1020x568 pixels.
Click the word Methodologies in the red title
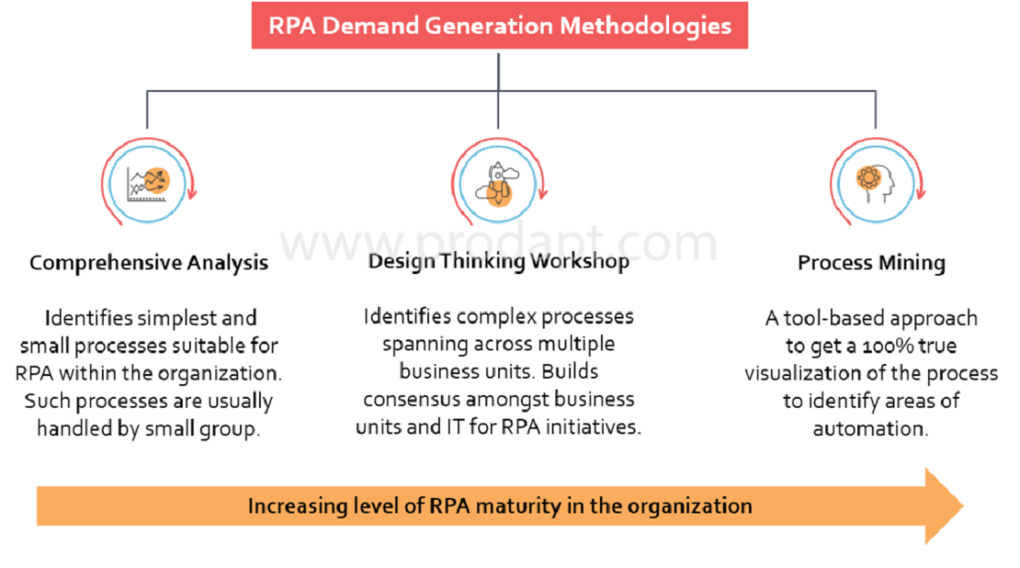pyautogui.click(x=645, y=26)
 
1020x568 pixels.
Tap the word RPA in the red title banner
pyautogui.click(x=292, y=25)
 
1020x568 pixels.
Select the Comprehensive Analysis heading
pyautogui.click(x=148, y=262)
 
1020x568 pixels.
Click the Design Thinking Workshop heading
pyautogui.click(x=498, y=261)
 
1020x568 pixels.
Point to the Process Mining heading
pyautogui.click(x=872, y=262)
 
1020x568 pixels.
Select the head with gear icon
pyautogui.click(x=875, y=184)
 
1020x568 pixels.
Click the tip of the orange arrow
pyautogui.click(x=964, y=505)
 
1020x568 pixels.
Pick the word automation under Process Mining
pyautogui.click(x=870, y=429)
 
